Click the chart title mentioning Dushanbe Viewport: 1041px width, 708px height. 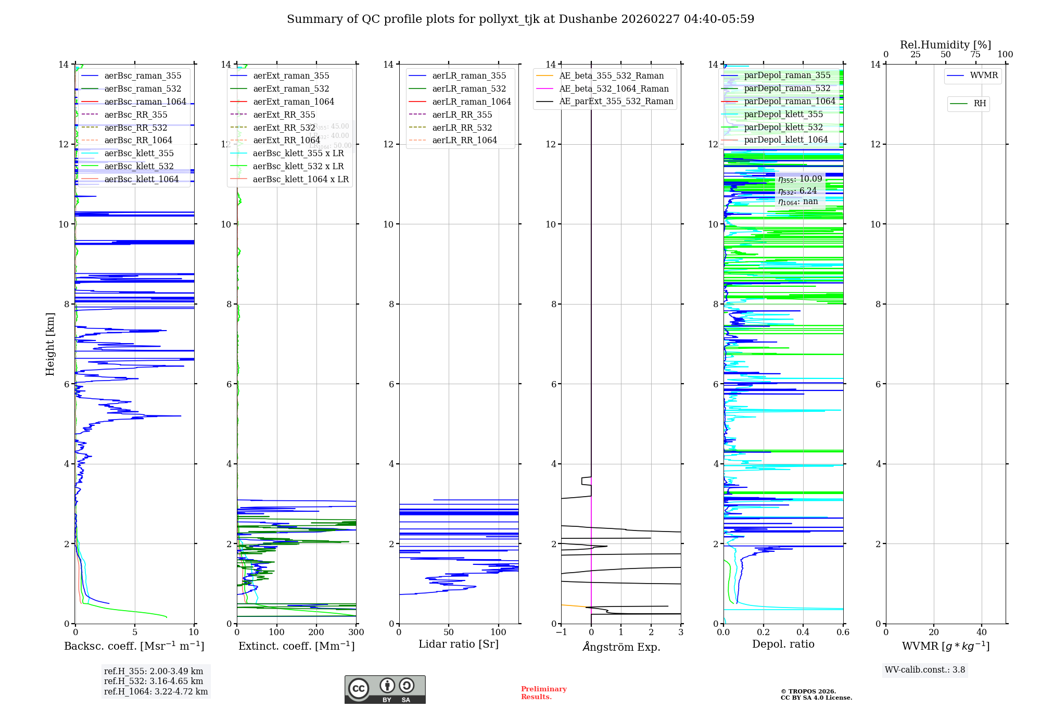[x=520, y=19]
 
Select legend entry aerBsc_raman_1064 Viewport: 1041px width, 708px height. [x=145, y=102]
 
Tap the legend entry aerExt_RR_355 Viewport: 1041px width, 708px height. [x=284, y=115]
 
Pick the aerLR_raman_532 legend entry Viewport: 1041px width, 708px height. [x=468, y=88]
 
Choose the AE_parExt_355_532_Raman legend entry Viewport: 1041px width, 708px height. [x=616, y=101]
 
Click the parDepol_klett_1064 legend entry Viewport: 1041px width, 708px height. [x=785, y=140]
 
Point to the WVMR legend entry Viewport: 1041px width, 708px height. [x=983, y=75]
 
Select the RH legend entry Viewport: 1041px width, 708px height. [x=979, y=104]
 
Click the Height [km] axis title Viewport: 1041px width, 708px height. [x=50, y=344]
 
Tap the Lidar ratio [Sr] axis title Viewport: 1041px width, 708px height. [x=459, y=644]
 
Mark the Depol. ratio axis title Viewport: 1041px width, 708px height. [x=783, y=644]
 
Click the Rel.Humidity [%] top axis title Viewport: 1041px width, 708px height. [x=945, y=45]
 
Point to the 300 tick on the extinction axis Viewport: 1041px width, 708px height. [x=356, y=633]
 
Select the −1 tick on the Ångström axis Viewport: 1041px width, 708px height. [x=561, y=633]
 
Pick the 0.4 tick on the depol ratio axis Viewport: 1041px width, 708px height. [x=803, y=633]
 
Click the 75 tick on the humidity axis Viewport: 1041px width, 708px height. [x=975, y=55]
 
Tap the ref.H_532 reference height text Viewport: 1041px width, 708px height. [x=153, y=681]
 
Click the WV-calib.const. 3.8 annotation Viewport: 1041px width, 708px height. [x=924, y=670]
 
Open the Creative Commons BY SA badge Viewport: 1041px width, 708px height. [x=385, y=689]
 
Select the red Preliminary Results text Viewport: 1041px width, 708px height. [x=543, y=693]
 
